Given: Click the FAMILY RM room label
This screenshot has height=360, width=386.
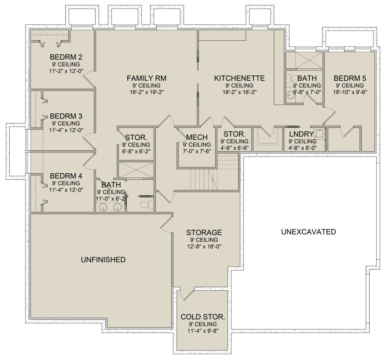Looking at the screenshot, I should [x=146, y=78].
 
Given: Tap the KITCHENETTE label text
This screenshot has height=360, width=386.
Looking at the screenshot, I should [x=239, y=78].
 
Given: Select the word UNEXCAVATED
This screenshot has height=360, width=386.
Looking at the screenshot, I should [x=308, y=232].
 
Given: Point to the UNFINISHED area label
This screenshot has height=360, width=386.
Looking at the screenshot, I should [x=103, y=260].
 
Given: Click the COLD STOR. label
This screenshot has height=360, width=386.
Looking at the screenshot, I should [x=203, y=317].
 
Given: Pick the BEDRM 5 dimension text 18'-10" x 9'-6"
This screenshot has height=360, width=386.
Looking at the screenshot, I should [x=350, y=92].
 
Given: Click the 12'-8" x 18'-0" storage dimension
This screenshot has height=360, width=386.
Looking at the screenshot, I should [x=204, y=246].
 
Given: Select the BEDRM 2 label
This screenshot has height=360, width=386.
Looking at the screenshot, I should [x=66, y=57].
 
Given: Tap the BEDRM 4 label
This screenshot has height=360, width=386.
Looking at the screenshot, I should [x=66, y=176].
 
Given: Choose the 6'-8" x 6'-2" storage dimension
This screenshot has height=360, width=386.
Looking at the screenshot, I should [x=136, y=151].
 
